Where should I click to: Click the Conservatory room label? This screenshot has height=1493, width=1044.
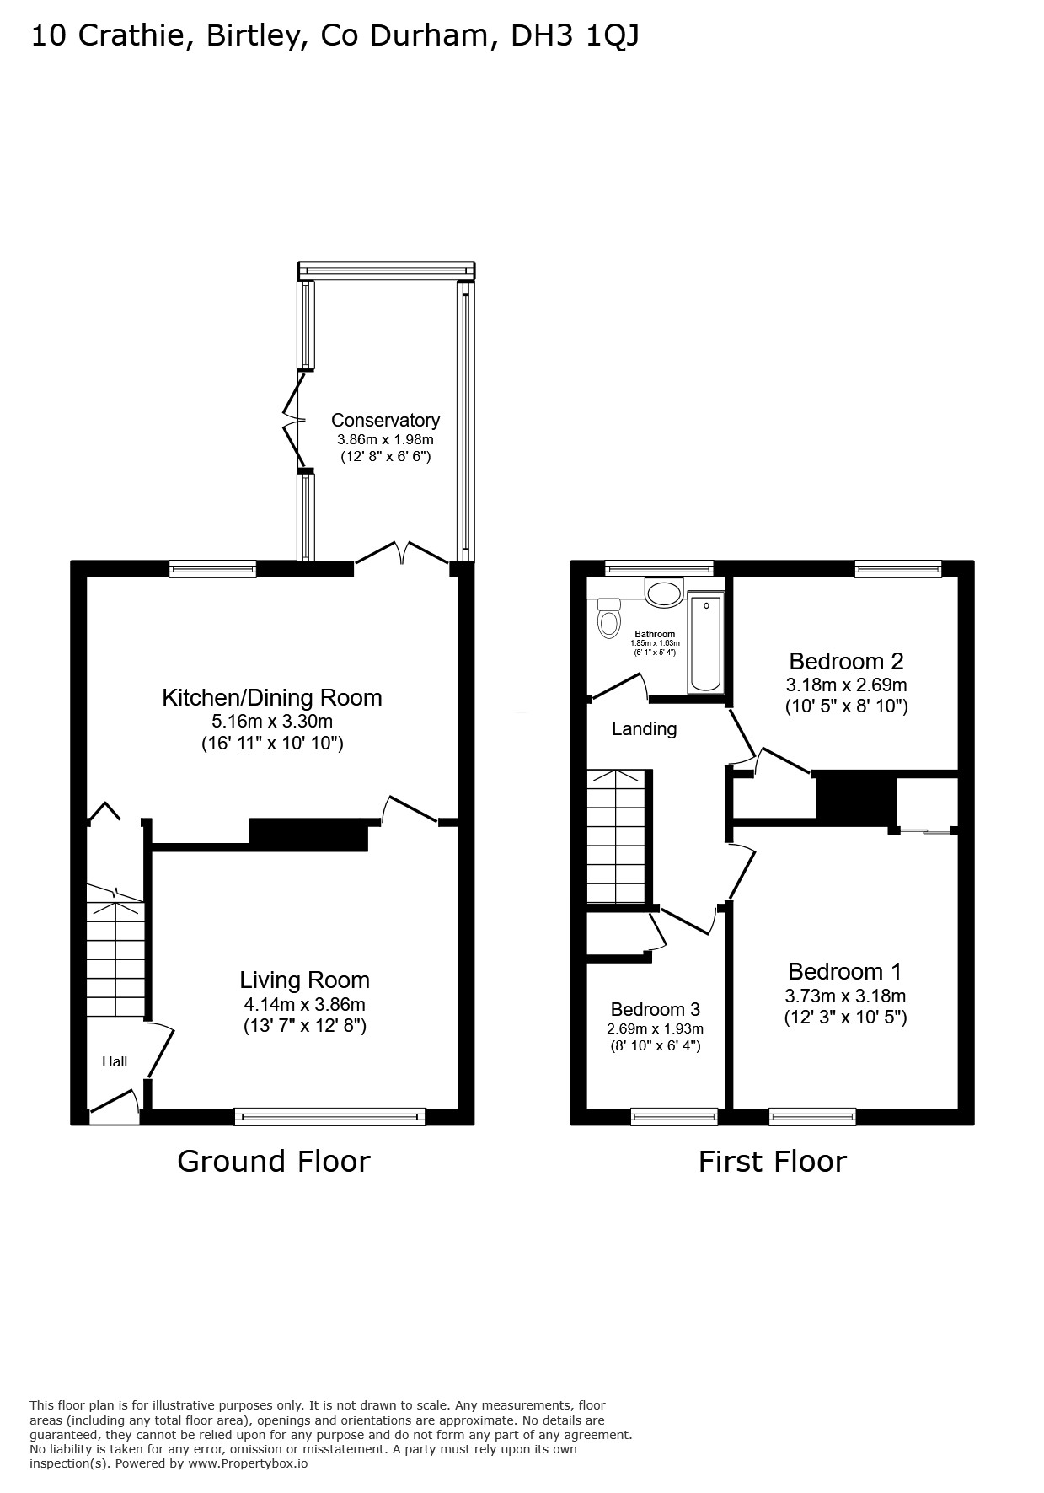(385, 420)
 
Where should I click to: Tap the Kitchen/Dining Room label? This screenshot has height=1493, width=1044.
(272, 697)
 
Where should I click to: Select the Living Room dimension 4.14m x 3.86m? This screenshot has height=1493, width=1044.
(304, 1004)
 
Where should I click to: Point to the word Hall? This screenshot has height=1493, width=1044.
(115, 1061)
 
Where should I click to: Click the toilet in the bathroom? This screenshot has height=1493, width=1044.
(608, 619)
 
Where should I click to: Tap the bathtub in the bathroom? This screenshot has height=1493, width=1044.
(705, 642)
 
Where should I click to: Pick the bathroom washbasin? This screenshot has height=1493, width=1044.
(665, 592)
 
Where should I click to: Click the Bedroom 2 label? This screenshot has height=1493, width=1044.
(846, 661)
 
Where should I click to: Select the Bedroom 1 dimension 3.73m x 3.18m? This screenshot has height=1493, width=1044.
(845, 996)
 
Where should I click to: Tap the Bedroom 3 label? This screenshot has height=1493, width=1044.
(656, 1009)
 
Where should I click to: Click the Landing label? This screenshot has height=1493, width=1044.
(644, 728)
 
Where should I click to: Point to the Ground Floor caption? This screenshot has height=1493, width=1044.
(274, 1162)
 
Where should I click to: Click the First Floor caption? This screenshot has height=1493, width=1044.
(772, 1162)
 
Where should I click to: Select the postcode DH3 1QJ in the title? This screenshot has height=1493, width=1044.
(576, 36)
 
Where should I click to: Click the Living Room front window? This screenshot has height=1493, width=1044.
(330, 1117)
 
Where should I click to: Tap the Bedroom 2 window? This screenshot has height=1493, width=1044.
(898, 569)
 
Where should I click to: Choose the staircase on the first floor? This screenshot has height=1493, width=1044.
(618, 835)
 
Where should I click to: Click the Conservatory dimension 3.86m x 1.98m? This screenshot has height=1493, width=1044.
(385, 439)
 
